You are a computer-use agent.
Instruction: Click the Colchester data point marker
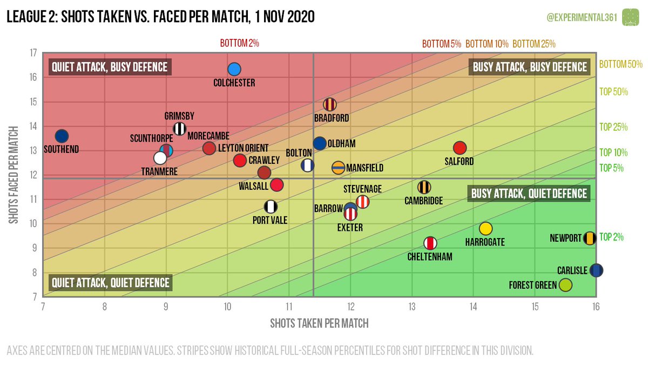click(x=234, y=69)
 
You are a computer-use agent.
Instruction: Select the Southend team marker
click(x=62, y=136)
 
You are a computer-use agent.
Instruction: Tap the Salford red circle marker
click(x=460, y=148)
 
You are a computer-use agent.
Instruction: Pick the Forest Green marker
click(x=565, y=284)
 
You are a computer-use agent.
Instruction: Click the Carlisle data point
click(x=596, y=270)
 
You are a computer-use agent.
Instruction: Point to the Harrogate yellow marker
click(x=485, y=228)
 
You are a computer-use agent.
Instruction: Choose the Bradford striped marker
click(x=329, y=104)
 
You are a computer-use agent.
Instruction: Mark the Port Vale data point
click(x=271, y=206)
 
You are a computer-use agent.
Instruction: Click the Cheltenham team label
click(x=430, y=256)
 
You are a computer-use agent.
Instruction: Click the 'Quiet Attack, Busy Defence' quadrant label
click(x=110, y=67)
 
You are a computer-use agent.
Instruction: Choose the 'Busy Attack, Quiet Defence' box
click(x=529, y=194)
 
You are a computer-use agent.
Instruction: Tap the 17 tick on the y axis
click(x=33, y=53)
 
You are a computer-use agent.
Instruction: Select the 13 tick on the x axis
click(x=412, y=307)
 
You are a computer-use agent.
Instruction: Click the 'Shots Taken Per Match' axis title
click(x=319, y=323)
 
